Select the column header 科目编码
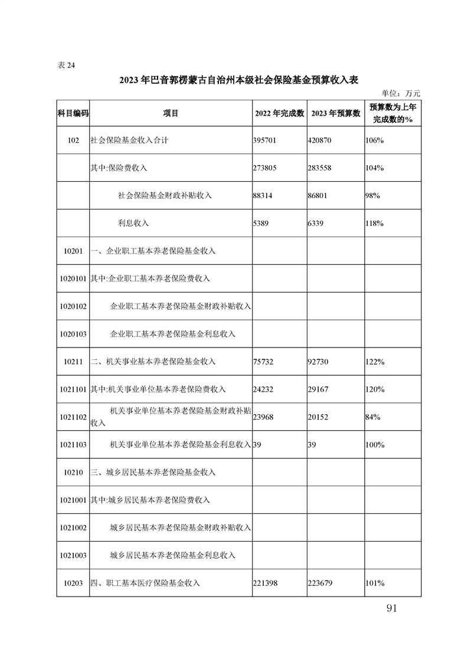tap(73, 113)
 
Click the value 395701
tap(264, 140)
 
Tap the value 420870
tap(319, 140)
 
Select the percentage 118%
tap(374, 223)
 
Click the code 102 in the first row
tap(73, 140)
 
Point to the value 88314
tap(263, 195)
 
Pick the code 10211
tap(73, 361)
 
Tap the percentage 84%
tap(372, 417)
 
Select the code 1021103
tap(73, 444)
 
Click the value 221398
tap(264, 583)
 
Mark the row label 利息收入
tap(134, 223)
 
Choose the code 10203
tap(73, 583)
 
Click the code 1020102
tap(73, 306)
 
